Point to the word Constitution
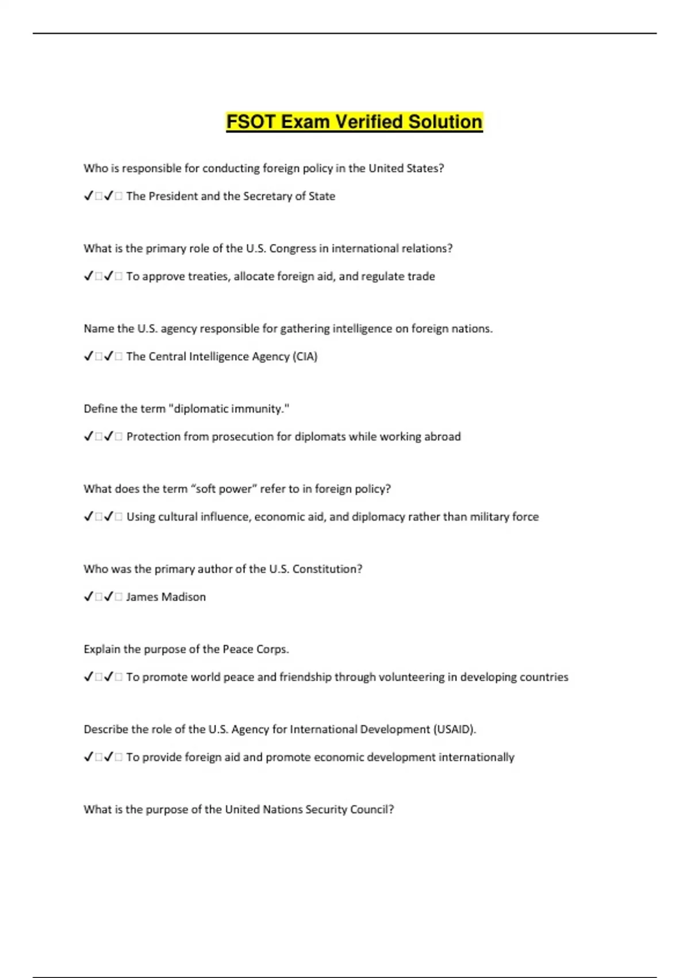tap(327, 569)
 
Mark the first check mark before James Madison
tap(89, 597)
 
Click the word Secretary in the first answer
tap(267, 196)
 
